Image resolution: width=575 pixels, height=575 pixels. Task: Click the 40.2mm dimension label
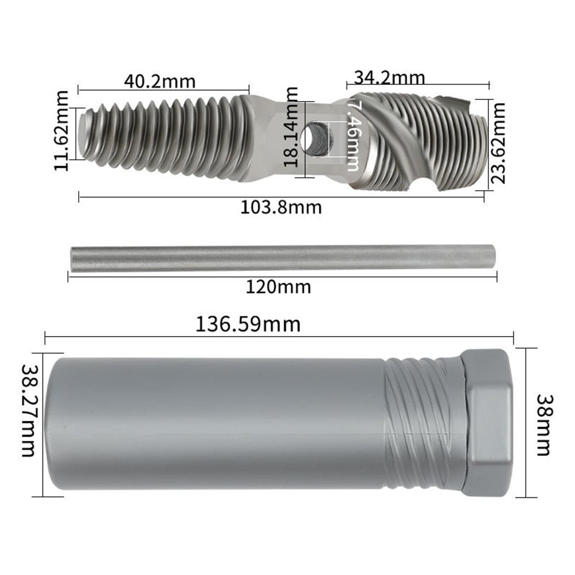pyautogui.click(x=160, y=82)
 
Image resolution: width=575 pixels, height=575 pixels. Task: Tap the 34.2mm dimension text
pyautogui.click(x=389, y=76)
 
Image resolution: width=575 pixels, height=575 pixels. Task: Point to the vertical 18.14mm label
pyautogui.click(x=292, y=126)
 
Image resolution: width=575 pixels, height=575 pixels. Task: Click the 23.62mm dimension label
pyautogui.click(x=499, y=142)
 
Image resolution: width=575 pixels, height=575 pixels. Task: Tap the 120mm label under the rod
pyautogui.click(x=278, y=285)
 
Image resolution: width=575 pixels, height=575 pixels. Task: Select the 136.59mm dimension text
pyautogui.click(x=248, y=325)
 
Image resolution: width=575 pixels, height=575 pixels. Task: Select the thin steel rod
pyautogui.click(x=281, y=259)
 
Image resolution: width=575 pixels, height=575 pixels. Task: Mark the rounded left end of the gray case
pyautogui.click(x=55, y=424)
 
